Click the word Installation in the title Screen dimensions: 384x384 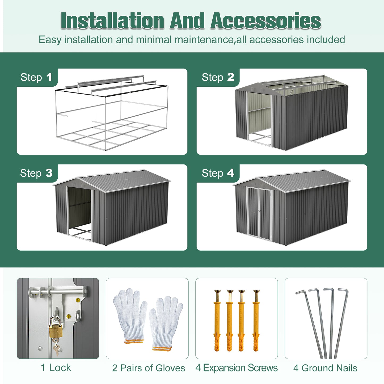click(112, 21)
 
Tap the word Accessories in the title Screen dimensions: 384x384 click(265, 21)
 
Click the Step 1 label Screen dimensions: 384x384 click(36, 77)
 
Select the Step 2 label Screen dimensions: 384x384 click(218, 77)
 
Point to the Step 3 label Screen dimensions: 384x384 click(36, 173)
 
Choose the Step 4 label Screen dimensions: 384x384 click(218, 173)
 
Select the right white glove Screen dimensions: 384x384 click(165, 323)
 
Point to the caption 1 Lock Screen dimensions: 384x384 click(56, 368)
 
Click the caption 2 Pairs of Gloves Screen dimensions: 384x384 click(148, 368)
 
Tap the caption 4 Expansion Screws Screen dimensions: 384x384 click(236, 368)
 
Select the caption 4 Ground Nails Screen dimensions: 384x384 click(325, 368)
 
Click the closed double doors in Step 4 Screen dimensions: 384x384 click(259, 213)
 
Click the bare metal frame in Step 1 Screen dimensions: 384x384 click(112, 114)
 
